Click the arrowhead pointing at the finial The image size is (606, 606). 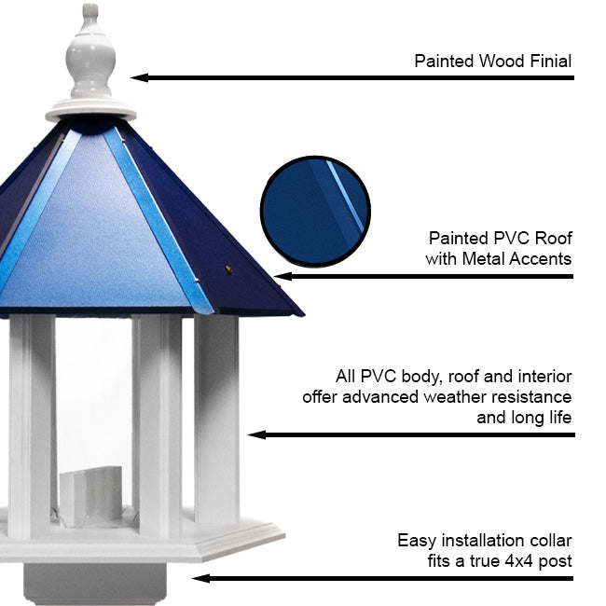tap(139, 77)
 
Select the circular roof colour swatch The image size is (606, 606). tap(315, 211)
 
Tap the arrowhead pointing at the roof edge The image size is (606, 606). tap(282, 276)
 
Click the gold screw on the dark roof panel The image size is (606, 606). tap(229, 269)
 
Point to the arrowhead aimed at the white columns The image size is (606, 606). tap(256, 434)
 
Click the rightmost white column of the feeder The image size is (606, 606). tap(216, 420)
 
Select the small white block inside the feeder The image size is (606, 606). tap(91, 497)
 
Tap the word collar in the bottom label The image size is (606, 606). tap(551, 541)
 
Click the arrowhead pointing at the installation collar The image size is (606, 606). tap(200, 579)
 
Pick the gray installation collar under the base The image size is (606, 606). tap(95, 584)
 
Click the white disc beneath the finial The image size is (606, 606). tap(90, 110)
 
